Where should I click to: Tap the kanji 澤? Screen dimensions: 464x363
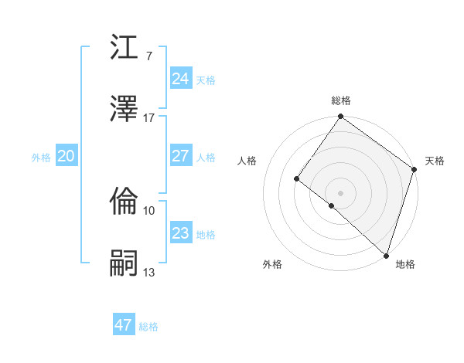click(x=125, y=110)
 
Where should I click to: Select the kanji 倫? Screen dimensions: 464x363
click(x=125, y=202)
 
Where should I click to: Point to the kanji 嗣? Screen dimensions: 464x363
click(x=125, y=263)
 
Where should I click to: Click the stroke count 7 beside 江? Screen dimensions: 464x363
click(x=148, y=56)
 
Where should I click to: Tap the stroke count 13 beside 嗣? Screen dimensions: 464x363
click(x=149, y=272)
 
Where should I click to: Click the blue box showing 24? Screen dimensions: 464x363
click(x=180, y=79)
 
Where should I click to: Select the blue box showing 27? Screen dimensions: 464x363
click(x=180, y=156)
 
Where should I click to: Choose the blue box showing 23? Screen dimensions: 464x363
click(x=180, y=233)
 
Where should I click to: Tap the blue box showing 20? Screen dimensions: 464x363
click(x=66, y=156)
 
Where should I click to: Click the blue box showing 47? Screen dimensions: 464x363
click(x=123, y=325)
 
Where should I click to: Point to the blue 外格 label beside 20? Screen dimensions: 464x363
click(x=41, y=158)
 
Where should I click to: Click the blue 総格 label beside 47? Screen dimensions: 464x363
click(x=148, y=327)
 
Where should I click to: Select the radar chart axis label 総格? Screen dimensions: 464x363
click(x=341, y=100)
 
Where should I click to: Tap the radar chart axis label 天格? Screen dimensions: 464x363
click(x=435, y=161)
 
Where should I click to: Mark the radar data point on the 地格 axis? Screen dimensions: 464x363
click(x=386, y=255)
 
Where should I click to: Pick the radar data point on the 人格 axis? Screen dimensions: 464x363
click(x=296, y=178)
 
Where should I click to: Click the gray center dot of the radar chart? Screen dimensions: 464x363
click(x=340, y=192)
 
